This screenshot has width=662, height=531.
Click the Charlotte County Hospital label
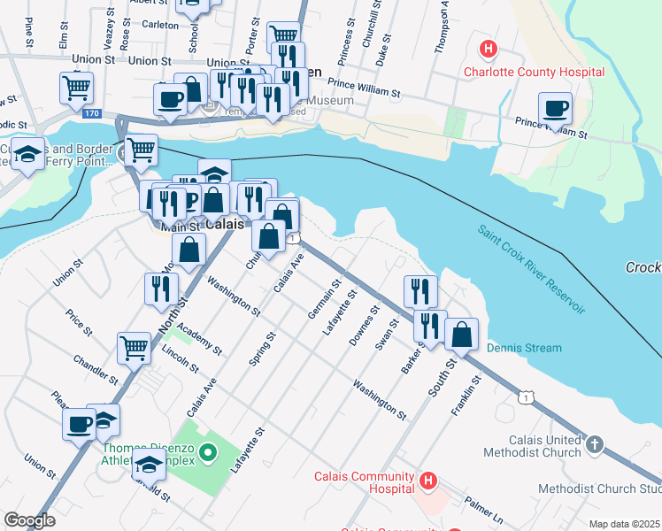(x=535, y=72)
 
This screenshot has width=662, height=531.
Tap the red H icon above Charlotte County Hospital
(x=486, y=47)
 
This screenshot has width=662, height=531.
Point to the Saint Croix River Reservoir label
(x=531, y=269)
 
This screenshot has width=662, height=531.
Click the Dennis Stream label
(x=524, y=348)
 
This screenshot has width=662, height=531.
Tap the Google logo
(x=29, y=520)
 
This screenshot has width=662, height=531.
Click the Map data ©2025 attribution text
(x=624, y=524)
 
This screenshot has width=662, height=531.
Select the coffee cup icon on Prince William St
(x=555, y=108)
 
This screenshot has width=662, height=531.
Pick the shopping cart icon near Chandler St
(x=134, y=347)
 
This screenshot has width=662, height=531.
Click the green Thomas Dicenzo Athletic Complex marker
(x=208, y=454)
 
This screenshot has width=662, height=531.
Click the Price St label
(x=80, y=322)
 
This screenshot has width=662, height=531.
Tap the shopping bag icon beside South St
(x=461, y=335)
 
